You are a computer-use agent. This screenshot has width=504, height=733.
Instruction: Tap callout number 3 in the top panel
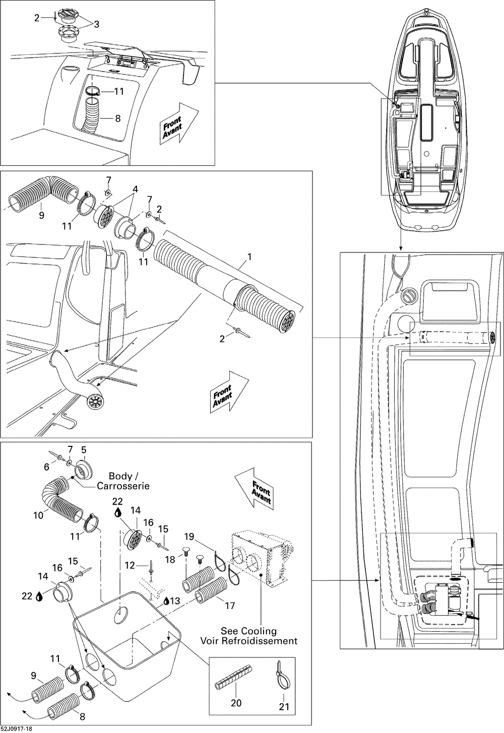97,23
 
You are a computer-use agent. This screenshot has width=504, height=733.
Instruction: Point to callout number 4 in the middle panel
134,189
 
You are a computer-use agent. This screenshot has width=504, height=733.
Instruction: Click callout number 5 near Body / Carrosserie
84,449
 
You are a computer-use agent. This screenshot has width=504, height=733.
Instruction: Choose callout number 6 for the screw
46,467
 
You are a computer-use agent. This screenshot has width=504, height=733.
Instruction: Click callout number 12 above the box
130,566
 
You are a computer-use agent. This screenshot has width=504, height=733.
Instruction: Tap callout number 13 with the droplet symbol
174,601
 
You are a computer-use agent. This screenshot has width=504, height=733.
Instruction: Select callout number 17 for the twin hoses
230,606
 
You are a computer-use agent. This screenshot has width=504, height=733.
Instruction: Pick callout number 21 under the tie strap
284,707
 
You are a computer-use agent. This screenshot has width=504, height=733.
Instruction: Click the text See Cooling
248,631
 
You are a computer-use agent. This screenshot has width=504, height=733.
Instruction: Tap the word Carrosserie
123,486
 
